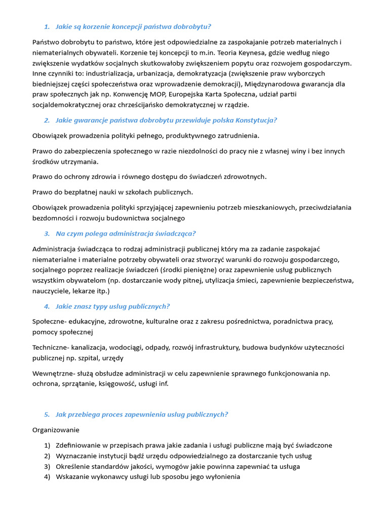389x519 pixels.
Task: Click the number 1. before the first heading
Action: coord(47,26)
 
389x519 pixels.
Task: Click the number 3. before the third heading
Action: coord(47,233)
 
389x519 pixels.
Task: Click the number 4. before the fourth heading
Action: coord(47,306)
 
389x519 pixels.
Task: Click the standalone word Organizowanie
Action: coord(56,430)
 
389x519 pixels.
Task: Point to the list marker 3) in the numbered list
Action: coord(47,466)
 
